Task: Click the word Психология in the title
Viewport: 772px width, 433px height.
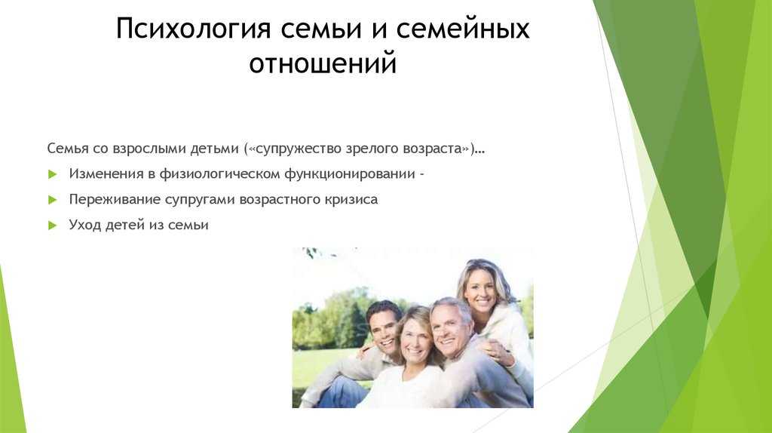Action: [x=194, y=29]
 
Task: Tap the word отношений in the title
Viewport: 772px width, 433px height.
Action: [x=323, y=63]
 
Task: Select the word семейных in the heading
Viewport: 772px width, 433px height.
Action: [x=463, y=29]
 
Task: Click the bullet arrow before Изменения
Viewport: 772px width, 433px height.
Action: [x=53, y=174]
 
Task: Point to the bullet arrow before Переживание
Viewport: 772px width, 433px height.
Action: [x=53, y=200]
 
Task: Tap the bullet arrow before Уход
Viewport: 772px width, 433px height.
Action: [x=53, y=226]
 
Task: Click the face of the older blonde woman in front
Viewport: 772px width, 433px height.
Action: [x=415, y=338]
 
